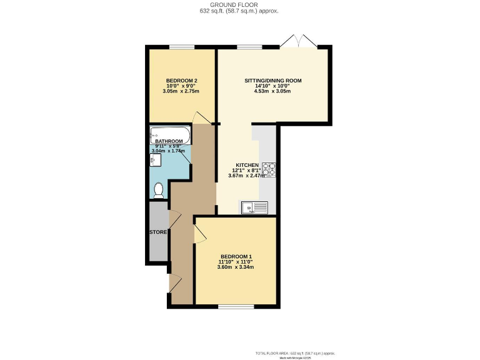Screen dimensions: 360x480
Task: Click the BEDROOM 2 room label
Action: pos(182,81)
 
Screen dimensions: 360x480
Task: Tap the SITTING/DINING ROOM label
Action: pos(272,81)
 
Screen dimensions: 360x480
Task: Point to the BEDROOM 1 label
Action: pos(236,256)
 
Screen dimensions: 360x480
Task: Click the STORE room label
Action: pos(158,232)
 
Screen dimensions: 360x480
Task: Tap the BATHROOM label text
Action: pos(169,141)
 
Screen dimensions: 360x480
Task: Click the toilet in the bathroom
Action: pos(158,190)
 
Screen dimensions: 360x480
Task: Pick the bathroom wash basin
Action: pos(156,161)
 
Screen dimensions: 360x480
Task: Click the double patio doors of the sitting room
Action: pos(298,42)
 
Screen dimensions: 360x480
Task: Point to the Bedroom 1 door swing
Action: pos(199,235)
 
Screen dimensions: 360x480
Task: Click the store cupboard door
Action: pos(175,219)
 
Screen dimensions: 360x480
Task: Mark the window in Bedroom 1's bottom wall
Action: pos(236,306)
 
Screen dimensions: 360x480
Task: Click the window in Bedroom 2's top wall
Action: pos(182,47)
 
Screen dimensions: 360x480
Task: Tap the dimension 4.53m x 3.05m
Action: pos(272,91)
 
